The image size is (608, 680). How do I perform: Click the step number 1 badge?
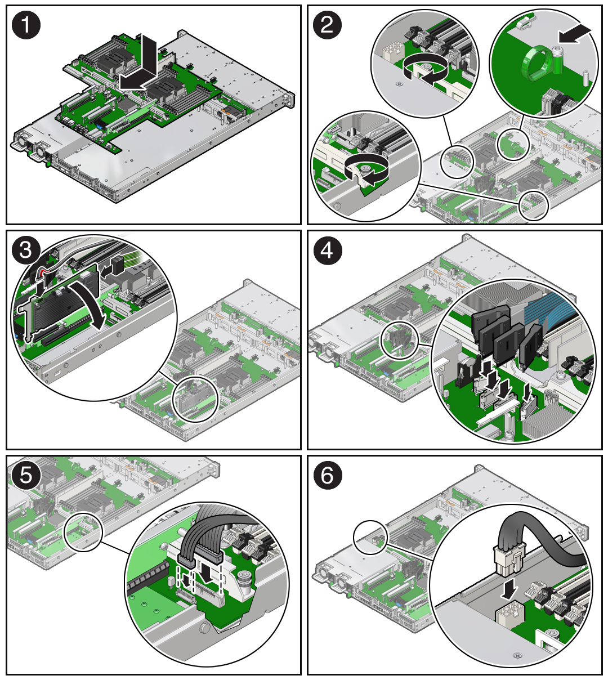[26, 25]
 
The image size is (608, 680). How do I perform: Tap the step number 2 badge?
[327, 25]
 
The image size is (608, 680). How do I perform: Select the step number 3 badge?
[26, 250]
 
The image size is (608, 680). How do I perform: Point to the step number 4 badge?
[327, 250]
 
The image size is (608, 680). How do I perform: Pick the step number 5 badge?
[26, 475]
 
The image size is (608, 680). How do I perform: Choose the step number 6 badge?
[327, 475]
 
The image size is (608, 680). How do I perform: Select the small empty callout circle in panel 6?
[370, 538]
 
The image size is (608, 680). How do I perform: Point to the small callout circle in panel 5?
[83, 532]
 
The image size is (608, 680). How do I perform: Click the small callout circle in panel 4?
[400, 341]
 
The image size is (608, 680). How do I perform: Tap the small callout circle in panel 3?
[195, 399]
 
